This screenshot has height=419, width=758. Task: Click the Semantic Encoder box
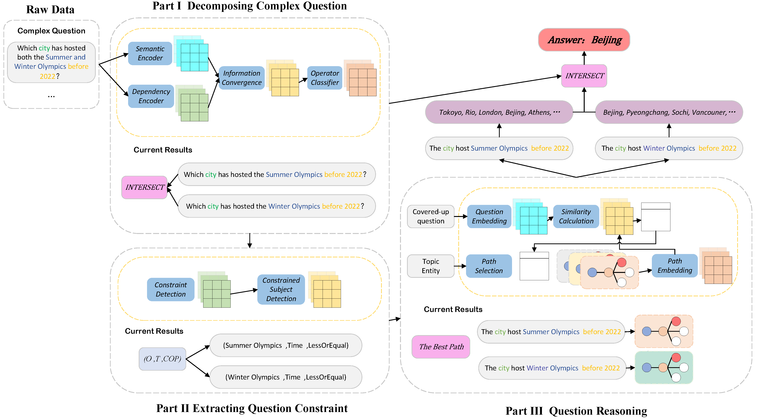pos(150,53)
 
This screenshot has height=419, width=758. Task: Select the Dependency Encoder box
pos(151,96)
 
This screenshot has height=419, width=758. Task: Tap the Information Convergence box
pos(242,78)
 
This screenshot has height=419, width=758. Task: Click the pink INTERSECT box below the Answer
pos(584,76)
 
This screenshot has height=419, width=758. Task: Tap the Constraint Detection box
pos(171,289)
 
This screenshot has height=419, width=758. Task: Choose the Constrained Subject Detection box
pos(281,289)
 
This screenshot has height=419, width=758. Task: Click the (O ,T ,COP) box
pos(162,359)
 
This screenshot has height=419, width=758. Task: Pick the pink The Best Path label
pos(441,347)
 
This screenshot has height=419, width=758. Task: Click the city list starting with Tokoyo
pos(499,112)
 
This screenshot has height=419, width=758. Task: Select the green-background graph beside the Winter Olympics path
pos(664,368)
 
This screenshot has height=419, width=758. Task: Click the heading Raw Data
pos(50,10)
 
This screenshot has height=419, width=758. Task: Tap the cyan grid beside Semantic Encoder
pos(194,57)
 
